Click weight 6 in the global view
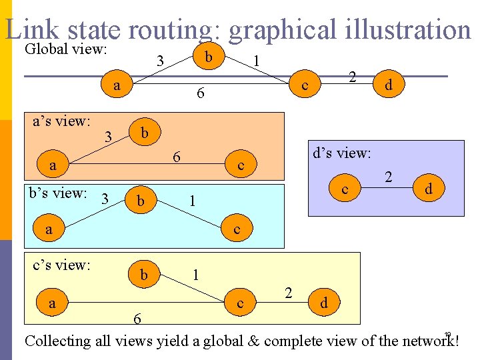click(x=199, y=95)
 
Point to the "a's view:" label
click(x=61, y=121)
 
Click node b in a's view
click(x=145, y=132)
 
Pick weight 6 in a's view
click(x=176, y=158)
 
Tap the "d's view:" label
click(x=341, y=153)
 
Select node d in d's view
click(x=429, y=189)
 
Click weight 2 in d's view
click(x=388, y=178)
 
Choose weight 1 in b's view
click(x=191, y=200)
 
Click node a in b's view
click(x=48, y=230)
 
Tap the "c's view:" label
click(x=61, y=265)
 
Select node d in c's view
click(x=323, y=303)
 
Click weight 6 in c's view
click(x=137, y=319)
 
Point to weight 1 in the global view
click(x=257, y=61)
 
